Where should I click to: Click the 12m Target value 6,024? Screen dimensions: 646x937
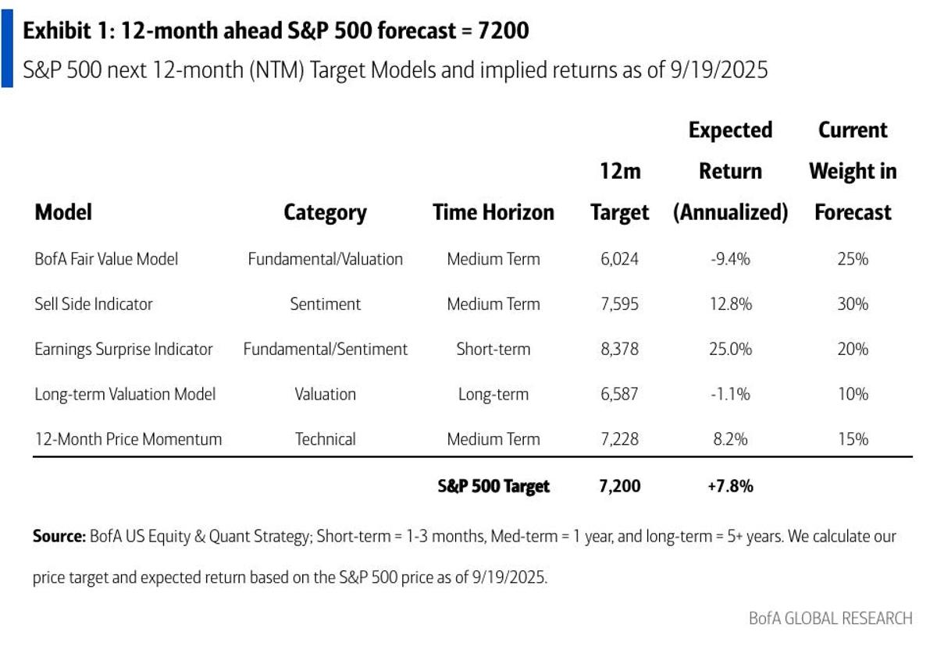620,259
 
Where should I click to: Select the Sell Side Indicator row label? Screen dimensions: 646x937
94,304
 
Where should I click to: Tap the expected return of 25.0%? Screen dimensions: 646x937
730,350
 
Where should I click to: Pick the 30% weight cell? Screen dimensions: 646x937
852,304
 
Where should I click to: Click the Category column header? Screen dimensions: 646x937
325,212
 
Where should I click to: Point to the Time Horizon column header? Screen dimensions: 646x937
493,212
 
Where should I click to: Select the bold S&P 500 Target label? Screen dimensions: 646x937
493,486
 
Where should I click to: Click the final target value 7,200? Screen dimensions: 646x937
620,486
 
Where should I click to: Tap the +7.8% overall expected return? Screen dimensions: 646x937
730,486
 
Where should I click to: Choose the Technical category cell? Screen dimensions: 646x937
325,439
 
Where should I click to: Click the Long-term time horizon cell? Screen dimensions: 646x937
493,395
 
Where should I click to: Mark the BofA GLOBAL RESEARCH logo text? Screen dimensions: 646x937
830,618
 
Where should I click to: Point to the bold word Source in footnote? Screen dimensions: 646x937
59,537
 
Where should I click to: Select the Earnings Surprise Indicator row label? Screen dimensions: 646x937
123,350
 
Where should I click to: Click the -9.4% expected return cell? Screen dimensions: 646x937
730,259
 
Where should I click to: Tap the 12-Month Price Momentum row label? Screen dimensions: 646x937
128,439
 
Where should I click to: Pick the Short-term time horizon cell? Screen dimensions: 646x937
493,350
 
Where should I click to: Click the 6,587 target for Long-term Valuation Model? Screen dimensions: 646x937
620,395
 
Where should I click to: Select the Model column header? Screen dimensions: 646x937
63,212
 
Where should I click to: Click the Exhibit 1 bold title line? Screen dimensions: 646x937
276,31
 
